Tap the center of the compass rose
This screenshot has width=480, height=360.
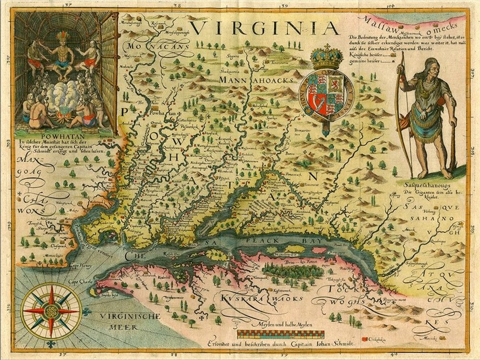(x=50, y=311)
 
